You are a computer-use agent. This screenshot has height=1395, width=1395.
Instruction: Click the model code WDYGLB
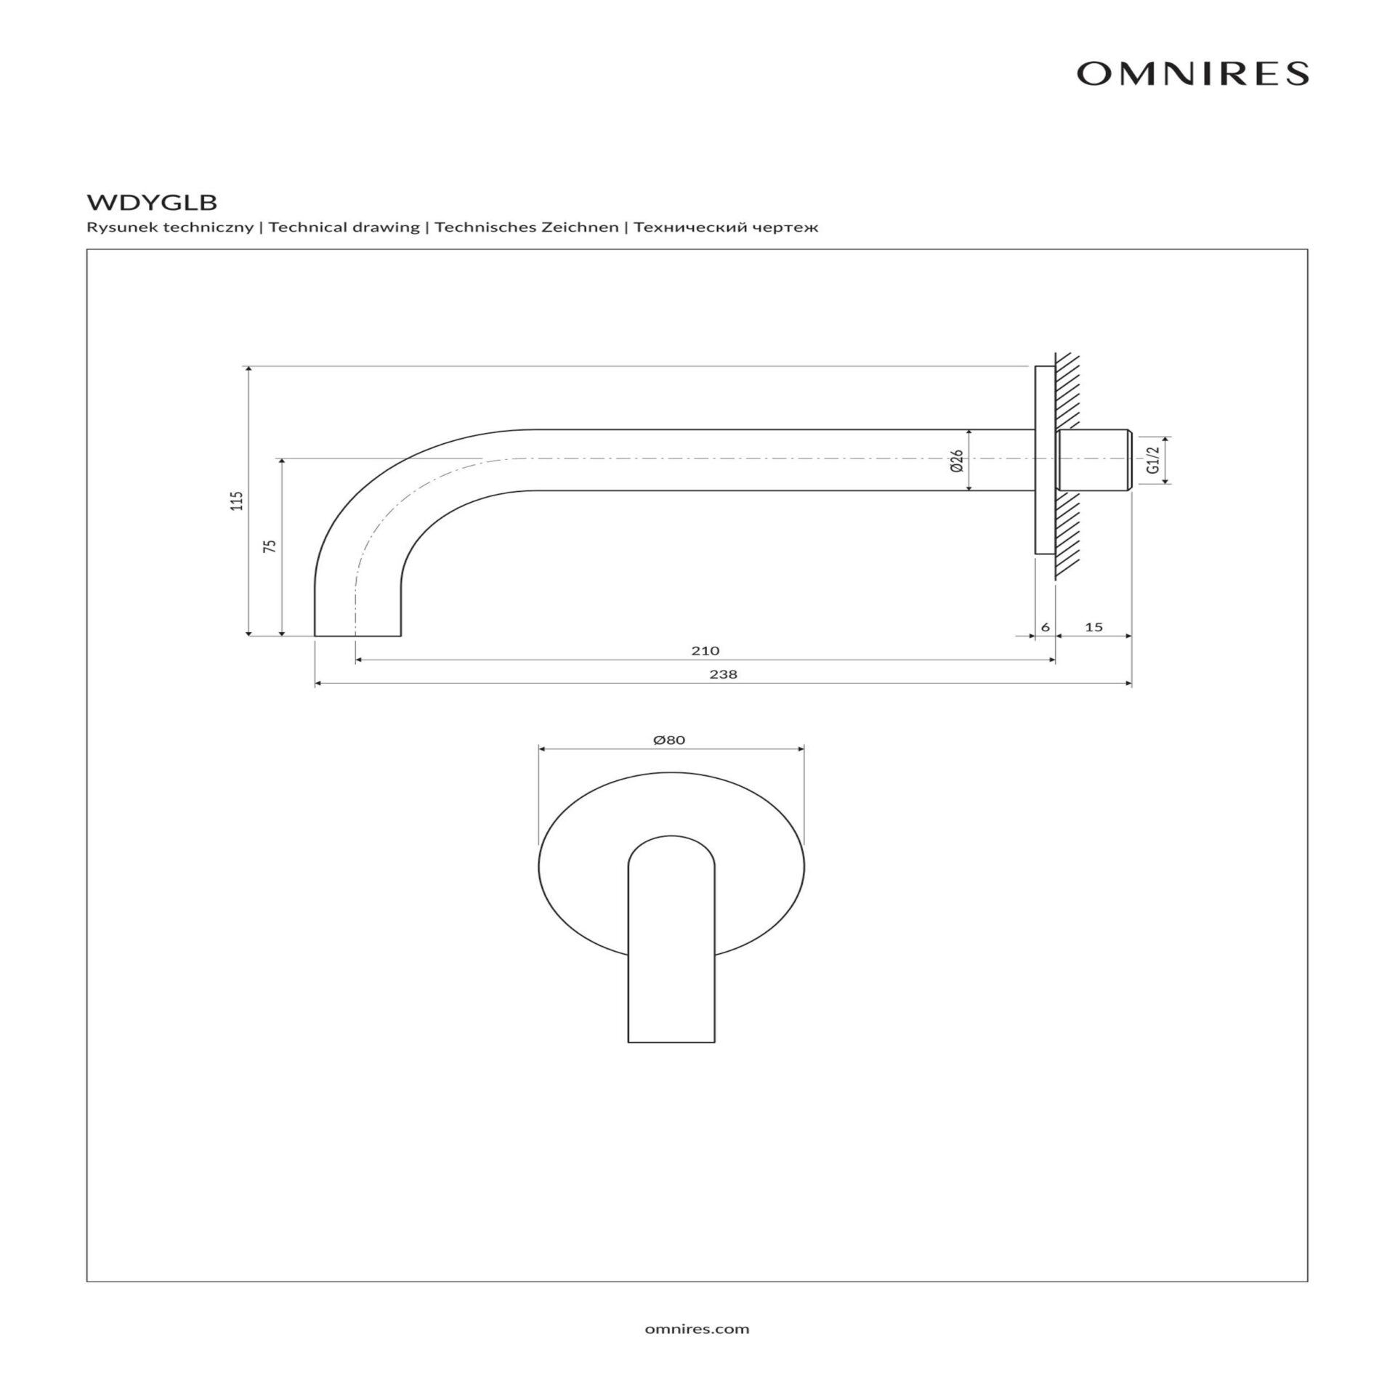click(152, 200)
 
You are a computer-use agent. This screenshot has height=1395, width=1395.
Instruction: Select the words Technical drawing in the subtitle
click(344, 227)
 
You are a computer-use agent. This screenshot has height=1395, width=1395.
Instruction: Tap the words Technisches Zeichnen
click(527, 227)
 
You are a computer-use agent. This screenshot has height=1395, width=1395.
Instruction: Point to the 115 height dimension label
click(237, 501)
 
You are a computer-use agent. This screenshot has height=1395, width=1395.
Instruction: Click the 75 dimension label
click(270, 546)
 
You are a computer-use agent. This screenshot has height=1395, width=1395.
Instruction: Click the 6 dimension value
click(1046, 626)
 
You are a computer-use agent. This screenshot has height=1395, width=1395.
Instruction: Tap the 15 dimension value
click(1093, 626)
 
